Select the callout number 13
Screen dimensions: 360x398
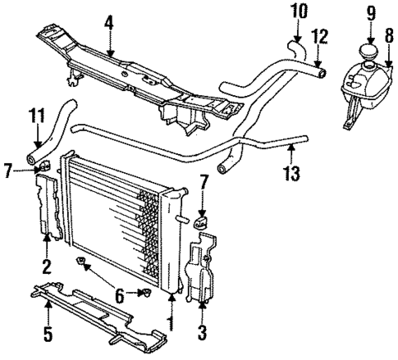pyautogui.click(x=291, y=173)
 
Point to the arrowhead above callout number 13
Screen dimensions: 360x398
pyautogui.click(x=291, y=149)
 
